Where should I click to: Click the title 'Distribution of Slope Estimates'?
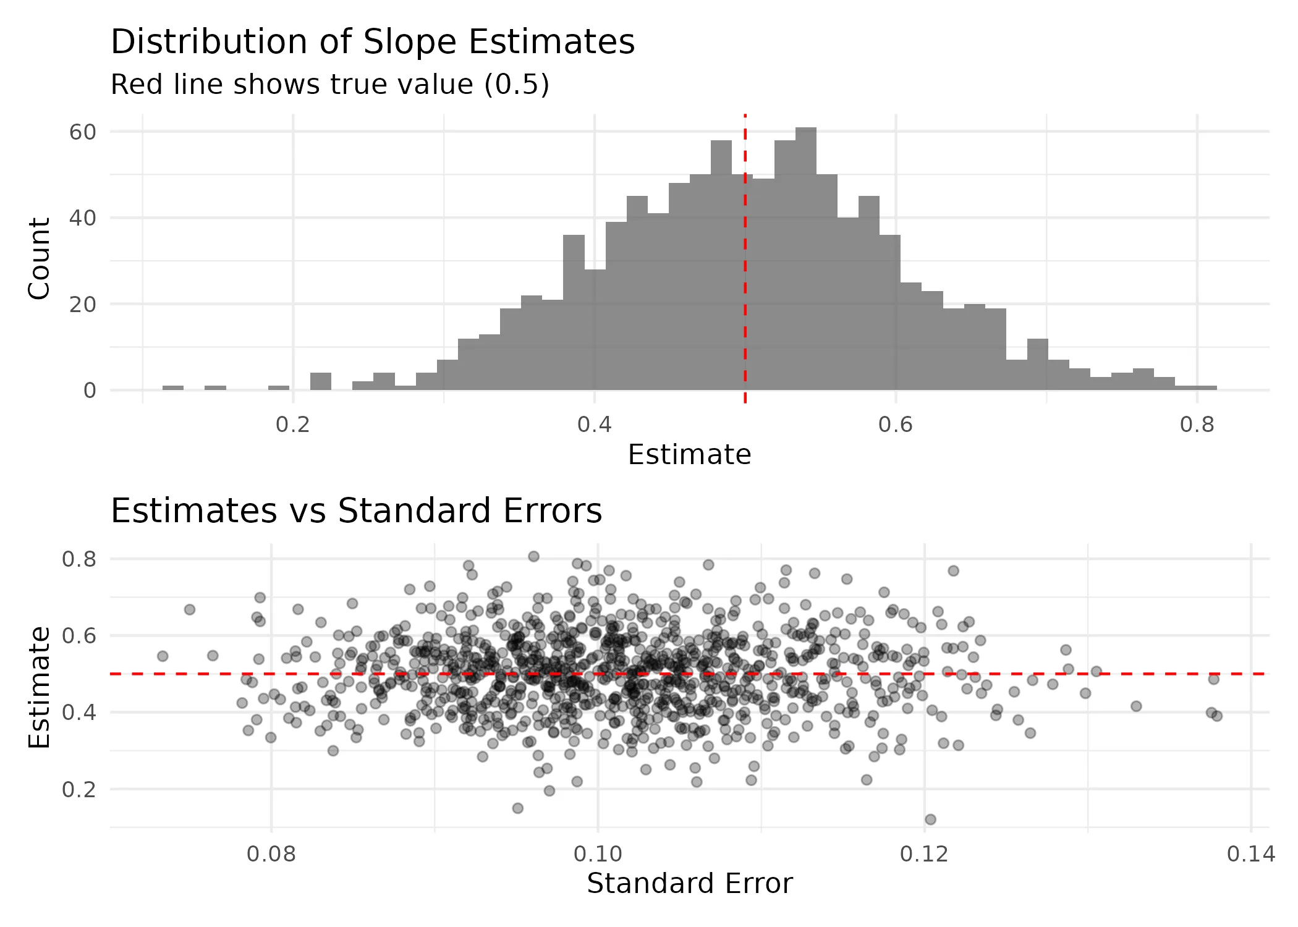coord(373,42)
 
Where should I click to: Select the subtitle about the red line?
coord(329,85)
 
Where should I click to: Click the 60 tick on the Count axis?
coord(83,132)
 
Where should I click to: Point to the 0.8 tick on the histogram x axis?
coord(1197,425)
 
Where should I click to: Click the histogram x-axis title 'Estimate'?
coord(689,455)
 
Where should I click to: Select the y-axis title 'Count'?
coord(40,258)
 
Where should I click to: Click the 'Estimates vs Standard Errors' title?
coord(356,511)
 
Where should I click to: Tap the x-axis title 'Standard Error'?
coord(689,884)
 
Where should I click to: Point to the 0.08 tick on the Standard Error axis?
coord(271,854)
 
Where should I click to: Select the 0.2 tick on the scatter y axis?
coord(79,789)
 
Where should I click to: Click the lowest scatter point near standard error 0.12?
coord(930,819)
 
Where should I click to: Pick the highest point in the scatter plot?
coord(533,556)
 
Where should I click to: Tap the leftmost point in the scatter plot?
coord(163,656)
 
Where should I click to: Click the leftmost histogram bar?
coord(173,387)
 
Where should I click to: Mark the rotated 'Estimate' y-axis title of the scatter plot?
coord(40,687)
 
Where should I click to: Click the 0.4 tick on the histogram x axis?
coord(595,425)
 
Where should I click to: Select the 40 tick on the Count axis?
coord(83,218)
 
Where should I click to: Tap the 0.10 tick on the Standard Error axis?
coord(598,854)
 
